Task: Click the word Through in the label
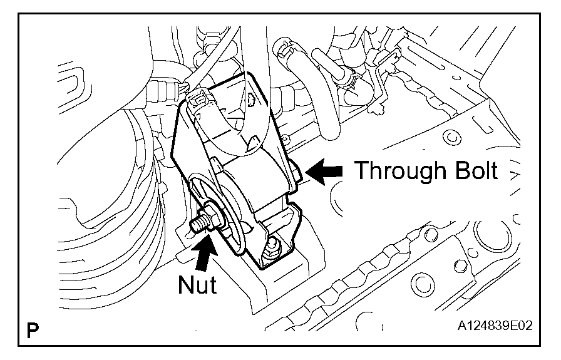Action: click(x=398, y=170)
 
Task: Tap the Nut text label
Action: click(x=197, y=285)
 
